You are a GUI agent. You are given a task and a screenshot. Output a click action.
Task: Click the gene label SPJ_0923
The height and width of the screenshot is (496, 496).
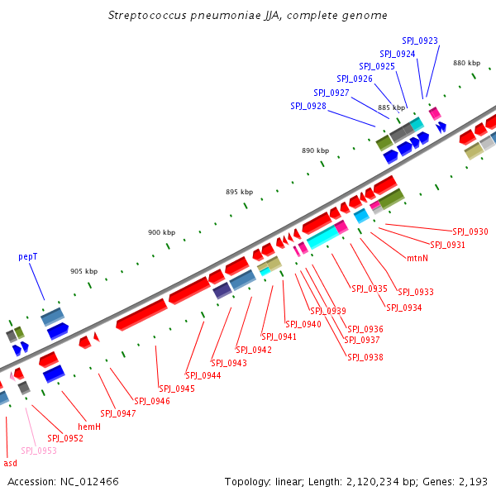coord(420,41)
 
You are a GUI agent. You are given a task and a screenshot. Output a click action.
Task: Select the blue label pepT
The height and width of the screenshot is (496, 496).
coord(28,256)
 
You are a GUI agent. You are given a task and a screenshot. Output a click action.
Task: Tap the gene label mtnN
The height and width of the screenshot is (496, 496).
coord(417,258)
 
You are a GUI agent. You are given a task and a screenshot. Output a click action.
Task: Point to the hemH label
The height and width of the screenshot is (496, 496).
coord(89,427)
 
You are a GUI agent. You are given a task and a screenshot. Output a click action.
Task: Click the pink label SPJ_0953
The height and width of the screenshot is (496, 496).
coord(39,451)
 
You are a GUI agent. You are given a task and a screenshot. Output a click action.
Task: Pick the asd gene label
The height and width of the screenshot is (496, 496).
coord(10,463)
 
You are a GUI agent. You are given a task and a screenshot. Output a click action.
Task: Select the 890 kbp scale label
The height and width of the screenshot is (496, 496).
coord(316,150)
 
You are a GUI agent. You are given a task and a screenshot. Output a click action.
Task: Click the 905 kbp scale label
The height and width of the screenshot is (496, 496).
coord(83,271)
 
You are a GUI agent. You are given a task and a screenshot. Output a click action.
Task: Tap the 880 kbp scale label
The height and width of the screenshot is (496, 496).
coord(466,63)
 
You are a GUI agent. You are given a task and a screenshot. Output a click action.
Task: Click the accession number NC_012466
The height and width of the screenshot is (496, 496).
coord(89,481)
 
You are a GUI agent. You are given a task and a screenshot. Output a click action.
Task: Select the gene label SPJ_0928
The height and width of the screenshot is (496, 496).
coord(308,106)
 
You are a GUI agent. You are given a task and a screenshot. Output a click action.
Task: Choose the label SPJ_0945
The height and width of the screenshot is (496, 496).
coord(177,389)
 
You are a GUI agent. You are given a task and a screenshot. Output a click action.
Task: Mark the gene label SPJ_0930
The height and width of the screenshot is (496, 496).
coord(470,231)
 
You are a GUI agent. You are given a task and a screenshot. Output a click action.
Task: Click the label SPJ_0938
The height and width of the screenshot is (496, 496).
coord(365,357)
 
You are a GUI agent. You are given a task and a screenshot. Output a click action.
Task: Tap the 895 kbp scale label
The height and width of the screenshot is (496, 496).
coord(240,192)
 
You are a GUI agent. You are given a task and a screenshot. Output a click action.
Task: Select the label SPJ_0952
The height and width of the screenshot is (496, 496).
coord(65,438)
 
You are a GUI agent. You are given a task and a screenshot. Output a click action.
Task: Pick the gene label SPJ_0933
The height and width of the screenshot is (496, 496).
coord(416,292)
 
